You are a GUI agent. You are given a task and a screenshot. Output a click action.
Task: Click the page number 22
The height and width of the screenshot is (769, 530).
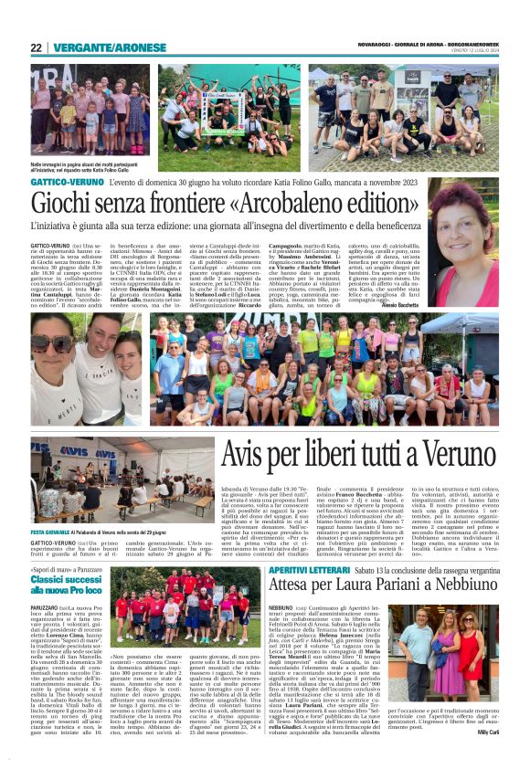coord(37,48)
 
